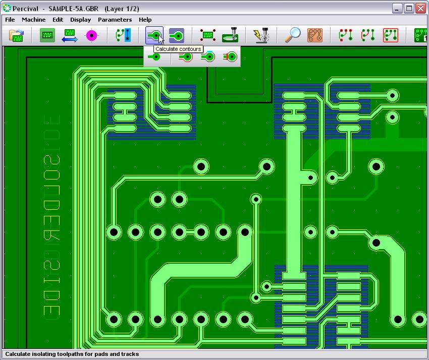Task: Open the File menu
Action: click(x=10, y=20)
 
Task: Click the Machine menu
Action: click(x=34, y=20)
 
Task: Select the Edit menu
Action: click(x=58, y=20)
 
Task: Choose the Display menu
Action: click(x=80, y=20)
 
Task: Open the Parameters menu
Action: click(x=115, y=20)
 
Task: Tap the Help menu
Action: click(x=145, y=20)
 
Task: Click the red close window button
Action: click(x=421, y=8)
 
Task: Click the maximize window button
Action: click(x=409, y=8)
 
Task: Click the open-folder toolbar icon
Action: click(x=17, y=35)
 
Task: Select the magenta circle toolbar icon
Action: click(x=91, y=35)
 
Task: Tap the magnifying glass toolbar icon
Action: click(x=293, y=35)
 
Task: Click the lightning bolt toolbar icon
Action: click(x=261, y=35)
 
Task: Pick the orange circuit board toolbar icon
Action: click(x=315, y=35)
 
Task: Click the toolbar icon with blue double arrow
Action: click(x=70, y=35)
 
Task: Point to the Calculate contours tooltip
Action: click(x=178, y=49)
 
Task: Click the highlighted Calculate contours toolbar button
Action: click(x=154, y=35)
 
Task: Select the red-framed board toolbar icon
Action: click(x=391, y=35)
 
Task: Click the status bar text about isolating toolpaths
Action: click(x=72, y=354)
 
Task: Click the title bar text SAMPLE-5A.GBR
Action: click(x=73, y=9)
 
